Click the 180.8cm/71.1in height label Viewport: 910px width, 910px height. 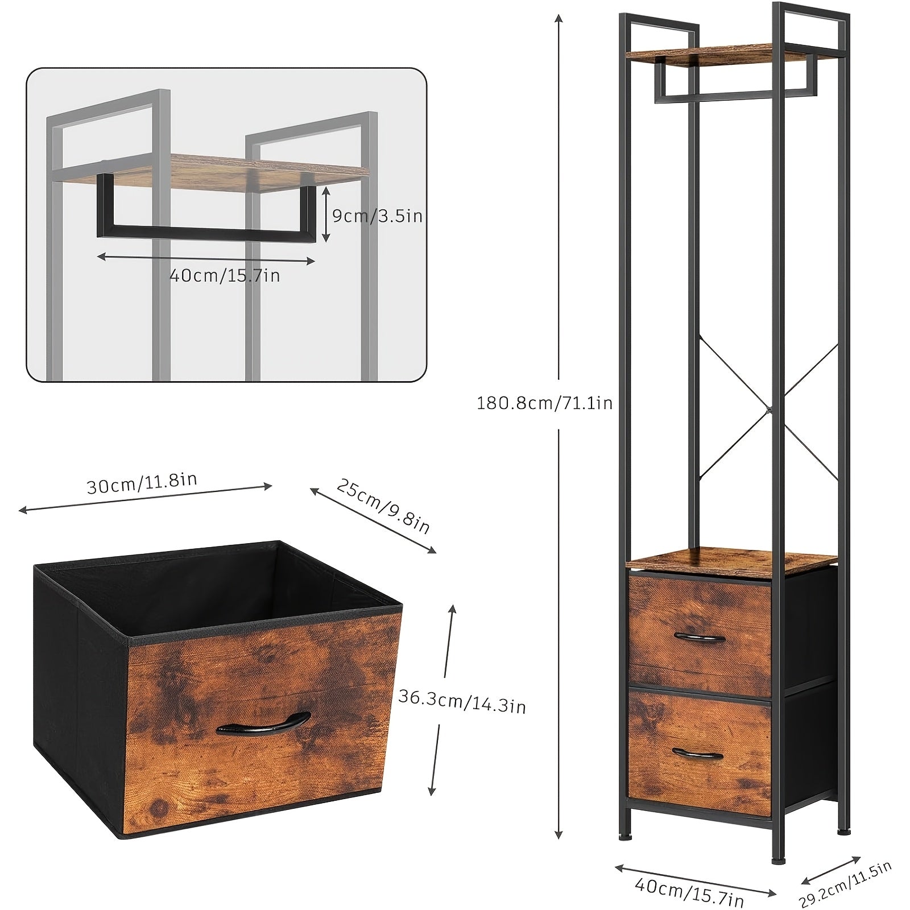pyautogui.click(x=544, y=403)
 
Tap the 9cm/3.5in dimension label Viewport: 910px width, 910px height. pyautogui.click(x=377, y=216)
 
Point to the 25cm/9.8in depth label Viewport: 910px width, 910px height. pyautogui.click(x=383, y=506)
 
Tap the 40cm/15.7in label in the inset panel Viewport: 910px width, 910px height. pyautogui.click(x=225, y=276)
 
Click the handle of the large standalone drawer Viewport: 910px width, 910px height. pyautogui.click(x=263, y=722)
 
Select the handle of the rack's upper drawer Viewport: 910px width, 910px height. pyautogui.click(x=699, y=637)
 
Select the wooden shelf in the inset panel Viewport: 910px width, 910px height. pyautogui.click(x=227, y=171)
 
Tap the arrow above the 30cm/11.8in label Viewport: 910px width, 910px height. pyautogui.click(x=146, y=499)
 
